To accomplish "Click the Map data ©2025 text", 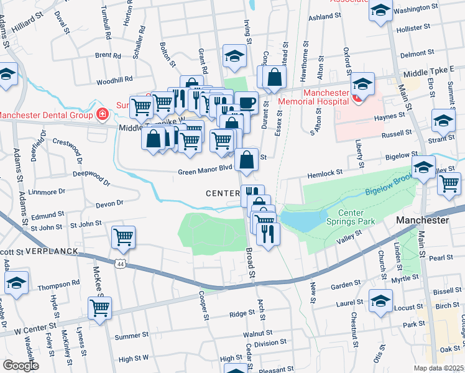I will click(x=438, y=368).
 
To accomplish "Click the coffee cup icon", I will click(x=246, y=101).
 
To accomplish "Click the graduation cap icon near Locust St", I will click(x=380, y=300).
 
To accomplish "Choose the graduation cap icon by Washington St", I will click(x=380, y=11).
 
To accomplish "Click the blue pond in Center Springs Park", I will click(x=302, y=219).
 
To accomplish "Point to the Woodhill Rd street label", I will click(x=114, y=80).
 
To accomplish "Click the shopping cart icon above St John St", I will click(x=123, y=236).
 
